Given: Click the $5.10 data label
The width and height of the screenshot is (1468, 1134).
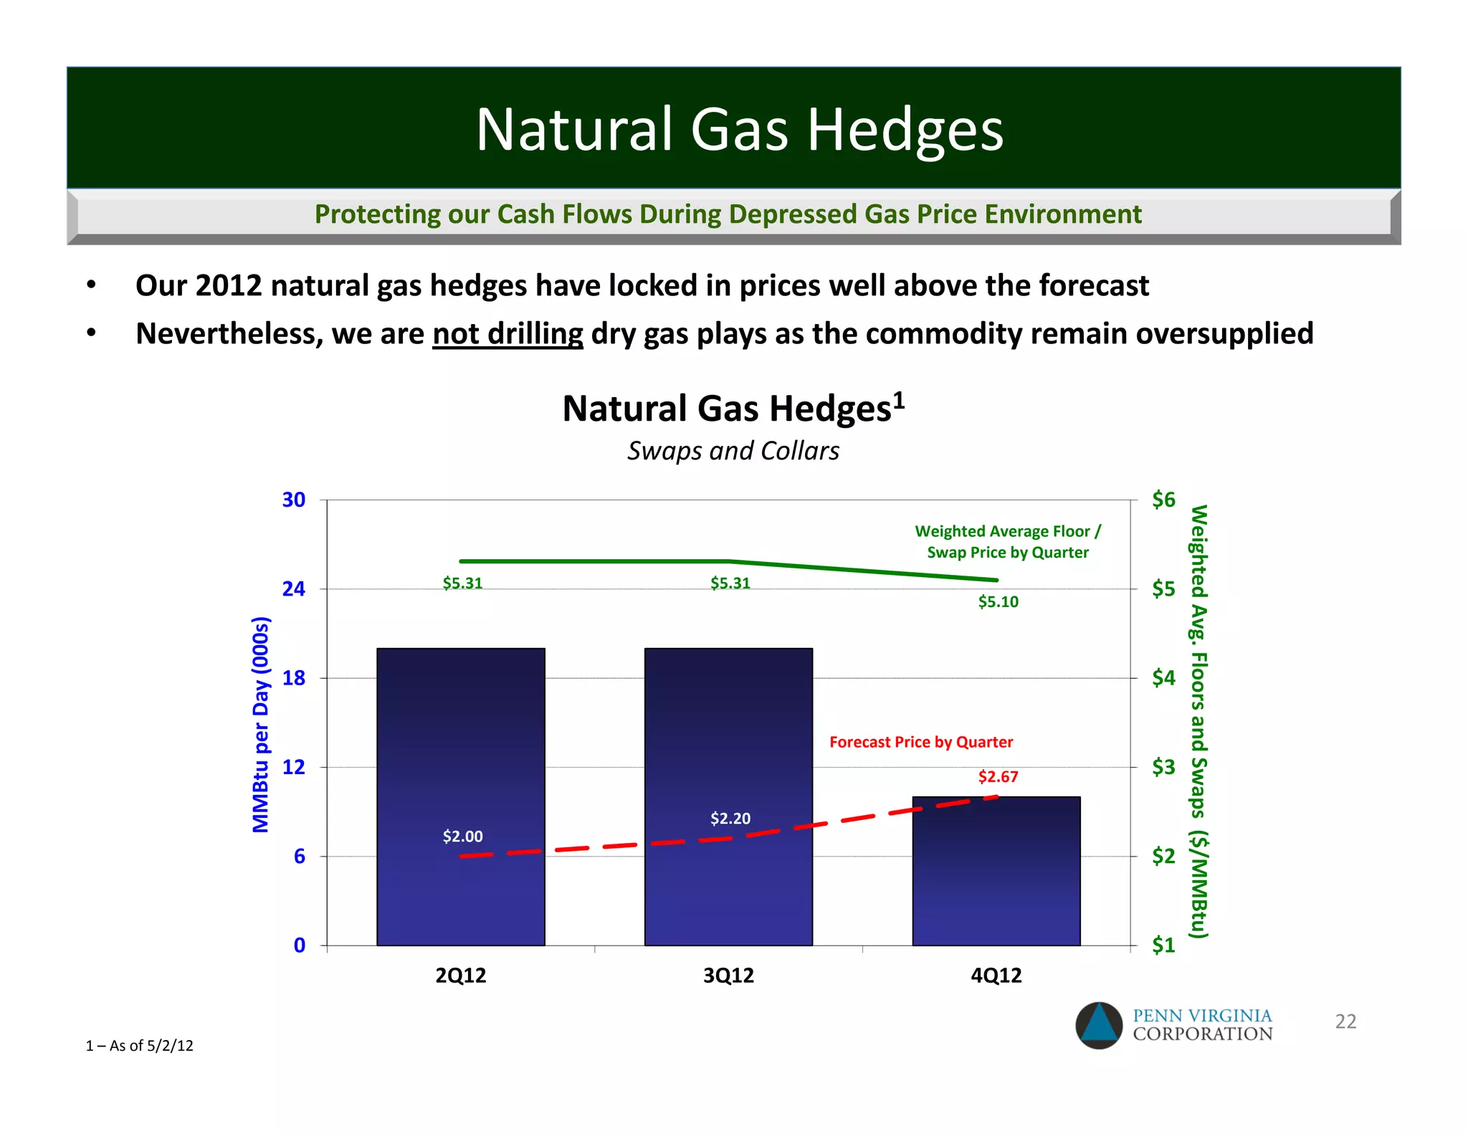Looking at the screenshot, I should point(998,601).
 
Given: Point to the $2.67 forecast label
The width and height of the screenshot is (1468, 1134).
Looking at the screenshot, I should point(998,776).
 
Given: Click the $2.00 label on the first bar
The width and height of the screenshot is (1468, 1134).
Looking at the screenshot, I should point(462,836).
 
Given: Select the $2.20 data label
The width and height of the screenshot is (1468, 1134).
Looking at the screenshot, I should point(730,818).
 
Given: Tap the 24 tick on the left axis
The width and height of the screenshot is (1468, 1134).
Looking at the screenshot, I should point(294,589).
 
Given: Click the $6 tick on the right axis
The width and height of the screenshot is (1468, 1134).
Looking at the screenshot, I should point(1163,499).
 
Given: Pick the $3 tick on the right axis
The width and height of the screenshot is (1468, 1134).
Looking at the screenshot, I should point(1163,767).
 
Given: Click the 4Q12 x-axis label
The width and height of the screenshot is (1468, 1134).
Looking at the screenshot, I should point(996,975).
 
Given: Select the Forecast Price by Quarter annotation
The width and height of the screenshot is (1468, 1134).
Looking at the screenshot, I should point(920,742).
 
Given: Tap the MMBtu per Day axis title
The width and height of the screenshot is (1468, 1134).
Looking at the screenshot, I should point(261,724).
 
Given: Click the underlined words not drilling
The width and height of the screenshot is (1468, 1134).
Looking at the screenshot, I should point(507,333).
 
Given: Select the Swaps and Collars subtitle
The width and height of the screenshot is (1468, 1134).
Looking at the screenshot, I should point(733,451).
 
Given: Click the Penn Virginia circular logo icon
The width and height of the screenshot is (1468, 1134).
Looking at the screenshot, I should point(1098,1025).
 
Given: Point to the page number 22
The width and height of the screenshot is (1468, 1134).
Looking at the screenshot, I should point(1345,1021).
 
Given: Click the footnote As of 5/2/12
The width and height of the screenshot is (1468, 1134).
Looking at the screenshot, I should point(140,1045).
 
